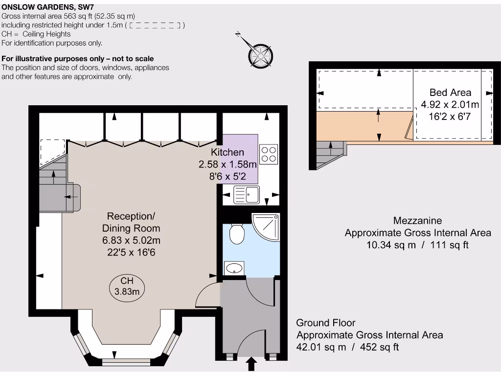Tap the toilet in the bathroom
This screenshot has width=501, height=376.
pos(237,234)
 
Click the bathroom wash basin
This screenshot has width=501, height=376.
pos(234,268)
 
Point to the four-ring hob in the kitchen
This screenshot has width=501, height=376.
pos(268,153)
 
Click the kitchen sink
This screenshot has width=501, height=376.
pos(246,195)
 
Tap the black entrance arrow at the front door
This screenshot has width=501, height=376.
pos(252,364)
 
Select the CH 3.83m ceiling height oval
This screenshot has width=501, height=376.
pos(126,286)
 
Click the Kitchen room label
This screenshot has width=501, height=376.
pos(227,153)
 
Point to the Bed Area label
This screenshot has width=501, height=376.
pos(450,93)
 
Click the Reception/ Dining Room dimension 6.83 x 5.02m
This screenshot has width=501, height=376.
pos(131,240)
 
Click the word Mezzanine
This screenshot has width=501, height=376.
pos(417,221)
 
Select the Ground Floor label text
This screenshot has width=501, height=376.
pos(325,323)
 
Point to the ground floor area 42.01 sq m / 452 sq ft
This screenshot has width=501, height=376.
pos(347,348)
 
